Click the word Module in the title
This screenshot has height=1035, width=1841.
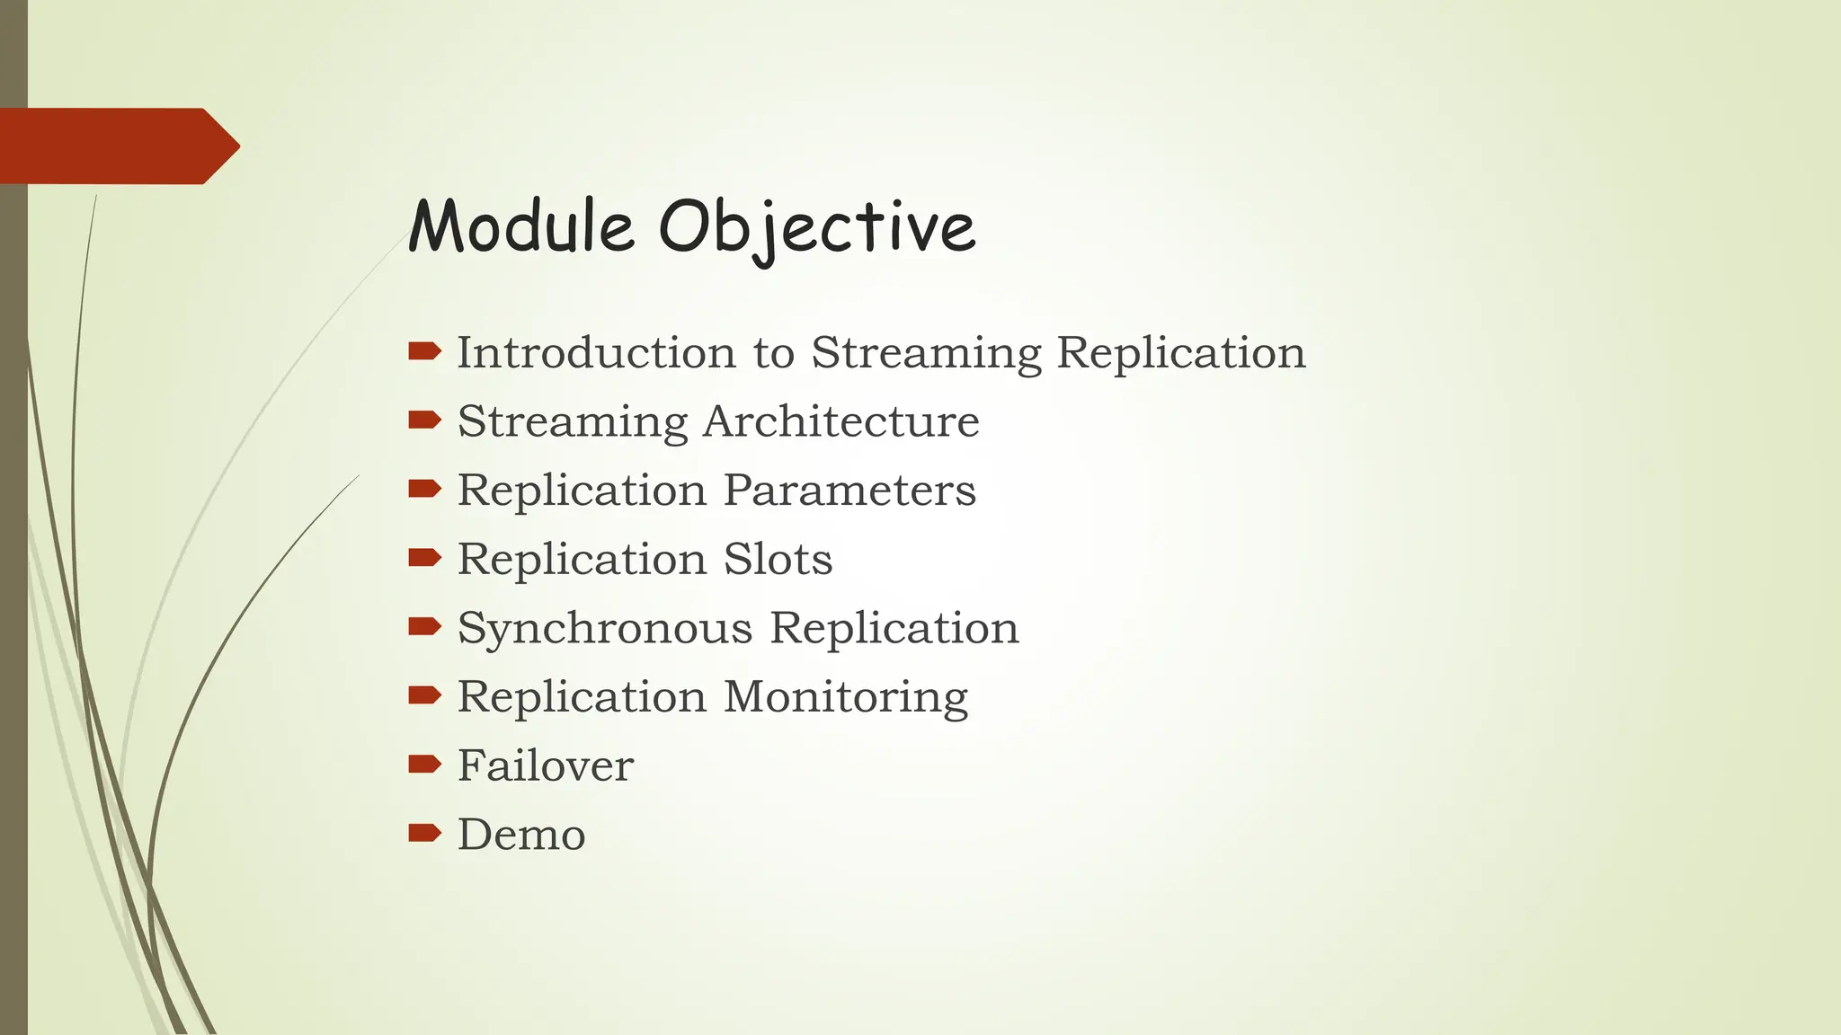point(521,226)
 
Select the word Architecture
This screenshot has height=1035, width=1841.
point(841,421)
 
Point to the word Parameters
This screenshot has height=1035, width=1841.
point(849,491)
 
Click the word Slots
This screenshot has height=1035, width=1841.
point(778,559)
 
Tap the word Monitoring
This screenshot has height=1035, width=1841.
point(846,697)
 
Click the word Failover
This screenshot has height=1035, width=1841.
point(546,765)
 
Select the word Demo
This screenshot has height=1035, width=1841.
point(521,835)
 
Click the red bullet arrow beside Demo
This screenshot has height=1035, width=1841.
point(424,833)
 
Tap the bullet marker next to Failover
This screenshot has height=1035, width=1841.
point(424,764)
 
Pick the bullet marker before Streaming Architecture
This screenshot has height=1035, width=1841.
point(424,420)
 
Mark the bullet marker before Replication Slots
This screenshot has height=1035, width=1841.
point(424,558)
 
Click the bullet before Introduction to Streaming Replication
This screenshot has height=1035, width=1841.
point(424,350)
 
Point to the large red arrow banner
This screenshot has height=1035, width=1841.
point(117,146)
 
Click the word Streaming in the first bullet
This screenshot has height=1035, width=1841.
point(926,354)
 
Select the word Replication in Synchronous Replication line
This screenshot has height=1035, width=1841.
point(894,628)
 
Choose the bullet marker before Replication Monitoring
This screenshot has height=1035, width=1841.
point(424,694)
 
